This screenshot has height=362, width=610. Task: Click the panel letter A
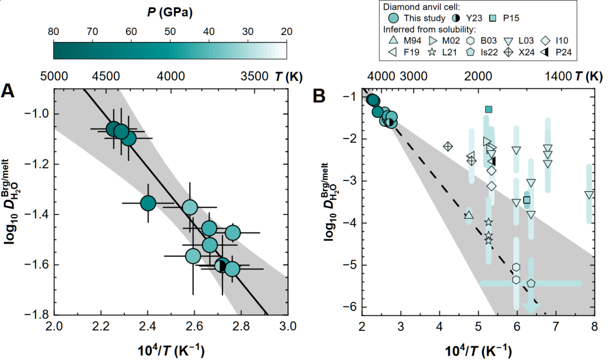[x=8, y=90]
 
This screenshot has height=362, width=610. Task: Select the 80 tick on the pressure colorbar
[x=54, y=32]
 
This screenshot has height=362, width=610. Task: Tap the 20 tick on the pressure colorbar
[x=287, y=32]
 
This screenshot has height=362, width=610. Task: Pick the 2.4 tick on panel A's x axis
[x=147, y=326]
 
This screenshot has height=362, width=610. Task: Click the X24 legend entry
[x=522, y=52]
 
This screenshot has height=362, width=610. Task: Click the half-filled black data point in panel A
[x=222, y=265]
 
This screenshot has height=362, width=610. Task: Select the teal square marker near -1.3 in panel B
[x=489, y=109]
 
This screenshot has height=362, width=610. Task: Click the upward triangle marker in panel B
[x=469, y=215]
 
